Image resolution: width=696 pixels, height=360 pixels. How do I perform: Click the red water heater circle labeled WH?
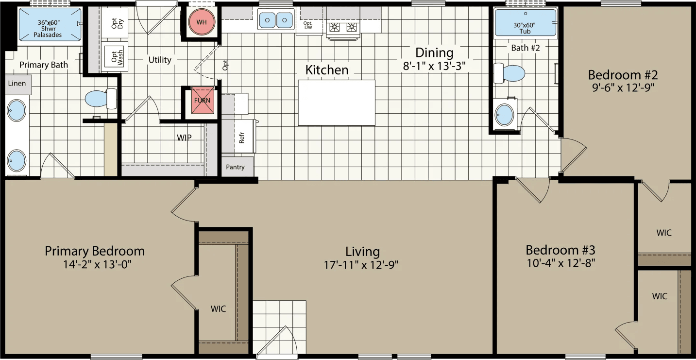pos(201,22)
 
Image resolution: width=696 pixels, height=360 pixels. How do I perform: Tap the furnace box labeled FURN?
pos(202,101)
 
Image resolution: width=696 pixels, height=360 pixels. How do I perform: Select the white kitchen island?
pos(337,103)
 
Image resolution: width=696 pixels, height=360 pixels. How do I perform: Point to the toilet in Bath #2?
pos(510,74)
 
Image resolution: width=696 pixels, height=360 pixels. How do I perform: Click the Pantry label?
pos(235,167)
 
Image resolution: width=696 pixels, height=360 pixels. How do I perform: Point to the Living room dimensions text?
pos(362,265)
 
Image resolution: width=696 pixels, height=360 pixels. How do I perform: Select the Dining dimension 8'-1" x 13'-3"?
pos(434,66)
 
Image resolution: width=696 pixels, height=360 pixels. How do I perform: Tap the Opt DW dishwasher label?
pos(308,26)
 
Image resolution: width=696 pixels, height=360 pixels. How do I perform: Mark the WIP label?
pos(184,137)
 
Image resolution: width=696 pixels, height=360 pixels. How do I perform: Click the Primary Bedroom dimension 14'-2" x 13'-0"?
pos(95,265)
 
